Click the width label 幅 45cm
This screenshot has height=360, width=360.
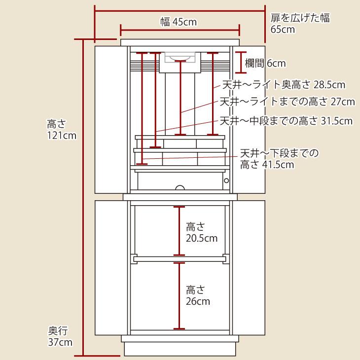179,22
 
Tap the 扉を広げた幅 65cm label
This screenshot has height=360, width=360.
300,23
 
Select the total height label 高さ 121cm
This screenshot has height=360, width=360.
62,130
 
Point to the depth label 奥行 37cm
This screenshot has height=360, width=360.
60,336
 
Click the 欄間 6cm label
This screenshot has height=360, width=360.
265,63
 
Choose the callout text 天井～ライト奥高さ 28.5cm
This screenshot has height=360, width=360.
284,85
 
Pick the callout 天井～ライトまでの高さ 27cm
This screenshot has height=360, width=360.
287,102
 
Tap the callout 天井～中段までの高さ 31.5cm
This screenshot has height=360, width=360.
286,121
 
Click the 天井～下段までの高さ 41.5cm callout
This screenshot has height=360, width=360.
279,159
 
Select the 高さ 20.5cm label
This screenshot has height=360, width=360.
202,232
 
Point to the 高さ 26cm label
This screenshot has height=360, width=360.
198,296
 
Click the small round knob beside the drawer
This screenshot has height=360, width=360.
226,180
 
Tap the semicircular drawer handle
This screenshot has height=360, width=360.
180,187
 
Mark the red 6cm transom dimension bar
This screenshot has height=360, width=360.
241,63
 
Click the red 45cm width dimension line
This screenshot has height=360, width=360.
180,30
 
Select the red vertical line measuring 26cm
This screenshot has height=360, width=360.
180,296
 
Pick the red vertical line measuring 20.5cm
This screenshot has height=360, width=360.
180,231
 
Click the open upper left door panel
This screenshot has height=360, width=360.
111,120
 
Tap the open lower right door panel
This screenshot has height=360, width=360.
249,268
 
